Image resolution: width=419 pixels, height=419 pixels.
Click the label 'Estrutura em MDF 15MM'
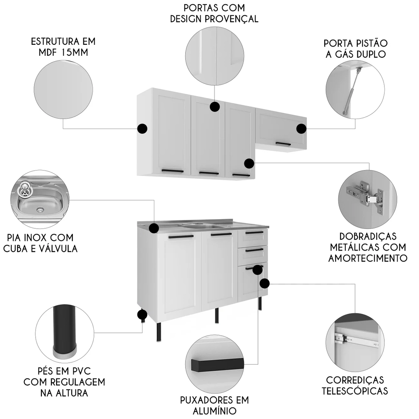[63, 47]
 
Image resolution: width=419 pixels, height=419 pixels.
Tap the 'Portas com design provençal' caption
[214, 14]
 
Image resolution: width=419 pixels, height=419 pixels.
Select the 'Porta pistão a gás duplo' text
[355, 49]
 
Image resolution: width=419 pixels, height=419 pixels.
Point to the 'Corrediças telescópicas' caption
[355, 385]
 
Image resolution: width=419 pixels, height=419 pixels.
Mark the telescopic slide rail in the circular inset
[356, 340]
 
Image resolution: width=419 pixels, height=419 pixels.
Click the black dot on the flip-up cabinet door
[301, 129]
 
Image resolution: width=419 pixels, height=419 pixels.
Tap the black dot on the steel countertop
[154, 228]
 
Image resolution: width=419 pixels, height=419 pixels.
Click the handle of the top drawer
[254, 233]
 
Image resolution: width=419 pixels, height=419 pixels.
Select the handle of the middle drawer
[254, 250]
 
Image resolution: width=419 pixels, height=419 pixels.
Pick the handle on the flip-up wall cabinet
[283, 144]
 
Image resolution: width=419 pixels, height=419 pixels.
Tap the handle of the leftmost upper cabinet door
[173, 171]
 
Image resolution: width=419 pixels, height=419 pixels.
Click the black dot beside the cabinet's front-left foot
[142, 315]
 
